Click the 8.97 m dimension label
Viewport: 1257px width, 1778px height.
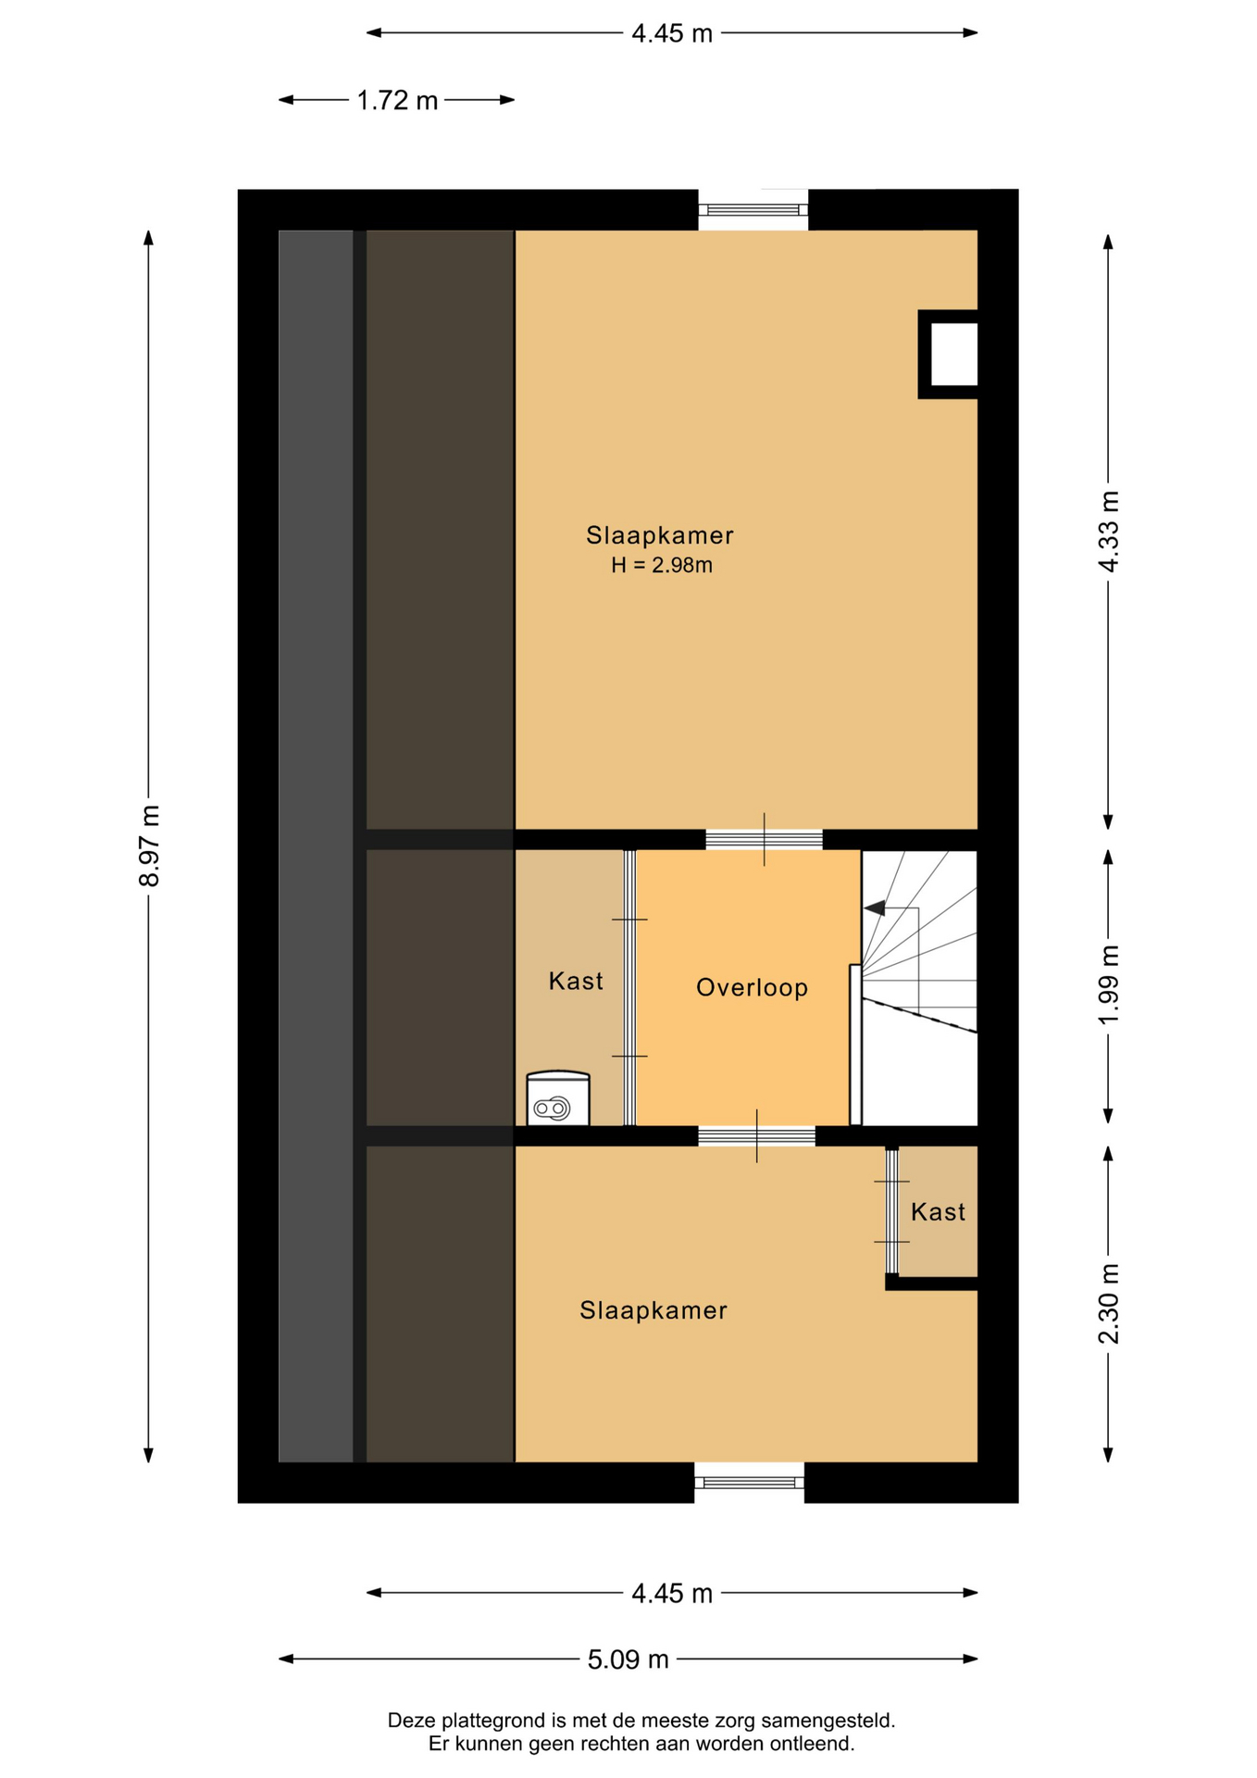coord(150,845)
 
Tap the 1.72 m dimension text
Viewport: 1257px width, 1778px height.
coord(397,100)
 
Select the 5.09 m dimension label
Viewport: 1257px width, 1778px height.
coord(628,1659)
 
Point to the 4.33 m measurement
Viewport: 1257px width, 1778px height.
coord(1108,532)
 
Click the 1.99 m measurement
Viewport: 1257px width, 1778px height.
coord(1108,984)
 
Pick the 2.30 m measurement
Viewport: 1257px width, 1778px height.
coord(1108,1304)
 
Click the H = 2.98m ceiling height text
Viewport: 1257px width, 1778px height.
coord(662,565)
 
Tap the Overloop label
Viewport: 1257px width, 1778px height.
coord(752,988)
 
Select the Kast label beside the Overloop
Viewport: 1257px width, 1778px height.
coord(576,981)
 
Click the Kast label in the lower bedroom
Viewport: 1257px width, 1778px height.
coord(938,1211)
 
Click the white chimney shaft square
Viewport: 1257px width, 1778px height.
coord(953,354)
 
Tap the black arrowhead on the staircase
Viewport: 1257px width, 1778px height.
coord(874,908)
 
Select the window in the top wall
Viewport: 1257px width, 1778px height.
coord(753,210)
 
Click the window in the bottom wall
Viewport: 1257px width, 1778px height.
coord(749,1482)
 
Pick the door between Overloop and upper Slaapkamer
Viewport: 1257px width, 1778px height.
coord(764,840)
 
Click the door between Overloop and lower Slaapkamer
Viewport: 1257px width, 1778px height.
coord(756,1136)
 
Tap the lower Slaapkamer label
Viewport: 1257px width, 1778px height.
coord(653,1310)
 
